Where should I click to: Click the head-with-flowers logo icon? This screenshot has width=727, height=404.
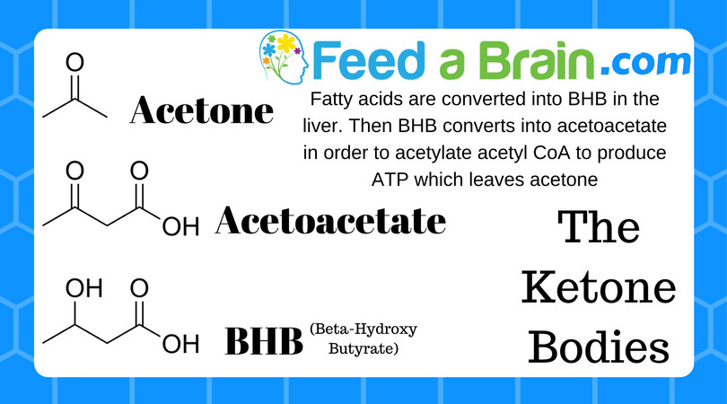pos(284,57)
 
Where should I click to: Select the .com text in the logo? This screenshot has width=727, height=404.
pos(645,63)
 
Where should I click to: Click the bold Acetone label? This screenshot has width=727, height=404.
pos(202,110)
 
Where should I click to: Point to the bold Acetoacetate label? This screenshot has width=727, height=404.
pos(330,220)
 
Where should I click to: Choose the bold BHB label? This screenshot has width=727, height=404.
pos(264,341)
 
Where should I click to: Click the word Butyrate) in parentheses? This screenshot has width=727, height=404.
pos(363,349)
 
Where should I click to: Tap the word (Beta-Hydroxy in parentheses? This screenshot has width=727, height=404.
pos(363,329)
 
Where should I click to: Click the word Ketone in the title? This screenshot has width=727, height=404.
pos(599,287)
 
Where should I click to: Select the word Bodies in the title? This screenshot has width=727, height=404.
pos(599,347)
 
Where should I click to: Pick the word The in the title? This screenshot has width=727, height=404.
pos(599,227)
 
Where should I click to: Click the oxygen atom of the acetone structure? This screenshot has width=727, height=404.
pos(74,62)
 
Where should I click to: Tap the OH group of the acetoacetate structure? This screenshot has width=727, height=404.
pos(180,227)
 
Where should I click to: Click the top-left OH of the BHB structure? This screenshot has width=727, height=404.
pos(84,288)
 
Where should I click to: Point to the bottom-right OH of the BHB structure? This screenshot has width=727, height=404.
pos(180,344)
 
